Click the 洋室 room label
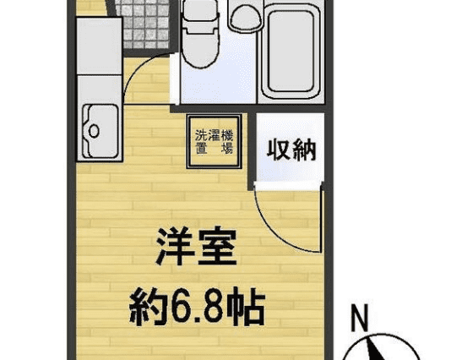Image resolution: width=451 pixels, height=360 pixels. pos(197,247)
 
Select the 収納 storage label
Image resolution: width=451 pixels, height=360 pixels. pos(291,150)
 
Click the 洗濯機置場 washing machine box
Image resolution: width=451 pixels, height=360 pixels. pos(214,141)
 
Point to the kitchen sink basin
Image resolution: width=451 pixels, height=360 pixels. pos(101,131)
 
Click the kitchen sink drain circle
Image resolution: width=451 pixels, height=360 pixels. pos(94,131)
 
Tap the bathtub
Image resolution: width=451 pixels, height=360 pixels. pos(291,52)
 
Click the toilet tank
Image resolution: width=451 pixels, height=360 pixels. pos(200,11)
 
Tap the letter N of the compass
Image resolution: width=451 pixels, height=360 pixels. pos(360,318)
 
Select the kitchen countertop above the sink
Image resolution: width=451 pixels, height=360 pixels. pos(99,46)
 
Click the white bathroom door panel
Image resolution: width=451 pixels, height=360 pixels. pos(175,79)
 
